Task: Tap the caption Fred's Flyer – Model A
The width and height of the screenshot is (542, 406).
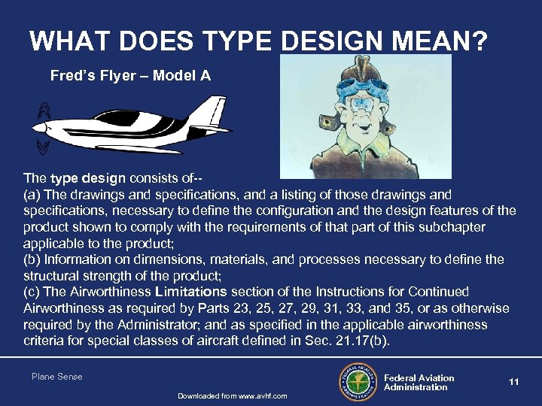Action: (130, 76)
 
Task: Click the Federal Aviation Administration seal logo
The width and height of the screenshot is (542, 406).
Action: (358, 383)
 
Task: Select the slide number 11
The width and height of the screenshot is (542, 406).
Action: (514, 383)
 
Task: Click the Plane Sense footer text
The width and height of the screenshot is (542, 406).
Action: (57, 377)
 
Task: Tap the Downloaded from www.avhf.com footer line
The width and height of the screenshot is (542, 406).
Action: (232, 396)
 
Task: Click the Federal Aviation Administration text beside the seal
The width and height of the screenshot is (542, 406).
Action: (419, 383)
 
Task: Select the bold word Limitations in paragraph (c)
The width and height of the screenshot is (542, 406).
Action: (191, 292)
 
